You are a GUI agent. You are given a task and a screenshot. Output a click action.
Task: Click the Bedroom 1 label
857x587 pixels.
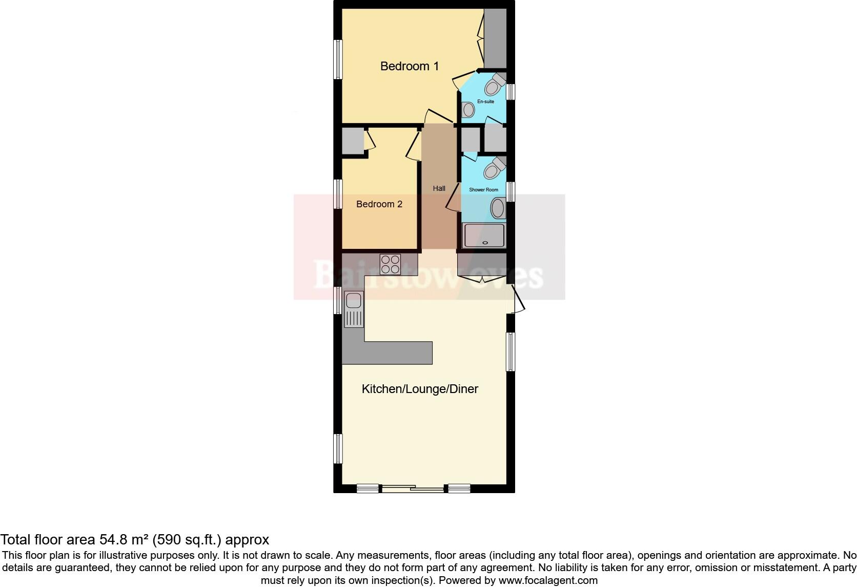(x=409, y=66)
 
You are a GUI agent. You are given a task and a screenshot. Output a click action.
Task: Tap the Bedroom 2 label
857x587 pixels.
(x=379, y=204)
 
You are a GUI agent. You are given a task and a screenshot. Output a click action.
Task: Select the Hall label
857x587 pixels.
(x=439, y=188)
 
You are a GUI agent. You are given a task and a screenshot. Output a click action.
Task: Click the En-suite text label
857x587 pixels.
(x=485, y=102)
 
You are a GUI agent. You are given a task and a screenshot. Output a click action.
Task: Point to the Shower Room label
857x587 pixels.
(x=483, y=190)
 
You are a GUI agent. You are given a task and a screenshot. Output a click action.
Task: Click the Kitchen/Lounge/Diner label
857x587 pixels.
(x=420, y=389)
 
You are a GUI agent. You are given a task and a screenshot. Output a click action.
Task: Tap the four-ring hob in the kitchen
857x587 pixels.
(x=390, y=264)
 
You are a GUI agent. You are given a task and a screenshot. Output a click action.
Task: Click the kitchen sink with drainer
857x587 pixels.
(x=354, y=309)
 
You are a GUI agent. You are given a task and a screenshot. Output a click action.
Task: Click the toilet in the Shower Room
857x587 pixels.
(x=495, y=169)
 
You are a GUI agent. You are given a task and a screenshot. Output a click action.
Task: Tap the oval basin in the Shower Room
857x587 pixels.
(x=498, y=209)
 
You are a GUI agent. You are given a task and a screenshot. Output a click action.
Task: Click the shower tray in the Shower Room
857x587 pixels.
(x=484, y=236)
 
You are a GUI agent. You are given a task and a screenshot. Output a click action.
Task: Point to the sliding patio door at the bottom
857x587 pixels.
(x=413, y=488)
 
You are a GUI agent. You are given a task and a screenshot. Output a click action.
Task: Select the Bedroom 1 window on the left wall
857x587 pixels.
(x=338, y=60)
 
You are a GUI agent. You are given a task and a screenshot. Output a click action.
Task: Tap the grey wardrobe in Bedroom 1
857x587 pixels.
(x=495, y=38)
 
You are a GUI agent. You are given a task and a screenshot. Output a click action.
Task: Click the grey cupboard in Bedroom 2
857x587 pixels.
(x=353, y=140)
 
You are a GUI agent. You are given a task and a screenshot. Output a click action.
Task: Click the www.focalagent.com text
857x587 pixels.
(x=548, y=580)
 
